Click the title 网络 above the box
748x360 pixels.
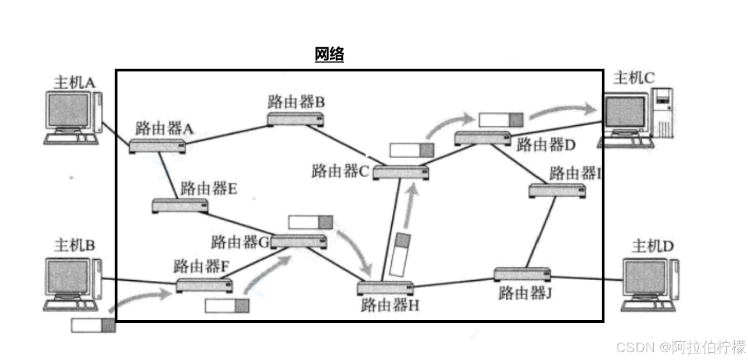(x=329, y=54)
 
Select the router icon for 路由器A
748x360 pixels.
(x=158, y=146)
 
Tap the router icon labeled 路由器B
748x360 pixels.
(x=295, y=119)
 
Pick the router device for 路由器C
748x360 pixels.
(x=401, y=172)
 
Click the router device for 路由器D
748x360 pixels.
(x=483, y=138)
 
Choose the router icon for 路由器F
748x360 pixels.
(x=204, y=286)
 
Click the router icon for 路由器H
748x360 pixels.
(x=385, y=288)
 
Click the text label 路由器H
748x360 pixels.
(x=390, y=305)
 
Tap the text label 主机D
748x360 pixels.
(x=653, y=245)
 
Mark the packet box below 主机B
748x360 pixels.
(x=93, y=325)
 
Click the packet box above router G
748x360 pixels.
(x=310, y=222)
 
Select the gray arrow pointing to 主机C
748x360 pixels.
(x=565, y=111)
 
